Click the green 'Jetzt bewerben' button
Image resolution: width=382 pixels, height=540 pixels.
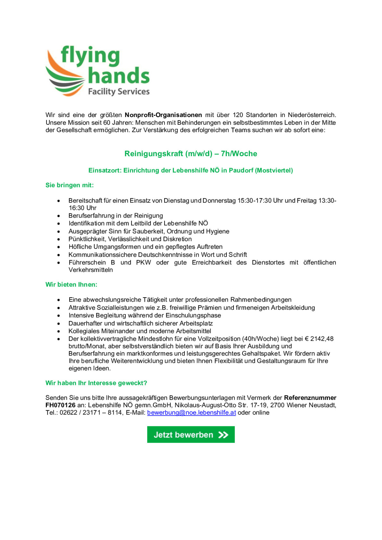click(x=191, y=434)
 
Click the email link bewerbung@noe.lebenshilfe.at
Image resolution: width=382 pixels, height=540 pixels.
click(x=191, y=412)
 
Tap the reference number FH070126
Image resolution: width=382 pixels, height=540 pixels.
click(x=60, y=405)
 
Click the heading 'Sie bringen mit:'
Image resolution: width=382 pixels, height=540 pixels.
click(x=70, y=185)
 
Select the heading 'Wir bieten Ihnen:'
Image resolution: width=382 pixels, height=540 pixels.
click(x=71, y=284)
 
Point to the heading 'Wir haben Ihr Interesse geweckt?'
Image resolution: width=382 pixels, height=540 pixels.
click(x=96, y=383)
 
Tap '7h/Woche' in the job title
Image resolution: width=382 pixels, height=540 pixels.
click(x=239, y=153)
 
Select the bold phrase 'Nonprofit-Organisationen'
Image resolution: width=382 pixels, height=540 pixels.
click(x=163, y=115)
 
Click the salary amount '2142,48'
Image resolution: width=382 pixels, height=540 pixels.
click(x=322, y=339)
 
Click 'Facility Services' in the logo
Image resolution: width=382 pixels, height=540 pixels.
click(x=119, y=91)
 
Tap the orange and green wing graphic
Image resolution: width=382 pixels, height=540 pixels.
click(x=64, y=75)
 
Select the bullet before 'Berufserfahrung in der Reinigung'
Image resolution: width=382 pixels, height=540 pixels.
click(x=59, y=216)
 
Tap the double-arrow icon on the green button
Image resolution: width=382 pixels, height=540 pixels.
click(x=223, y=435)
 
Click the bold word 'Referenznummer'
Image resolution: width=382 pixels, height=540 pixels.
click(x=310, y=398)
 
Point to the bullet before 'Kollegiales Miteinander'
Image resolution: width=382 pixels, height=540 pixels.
click(x=59, y=331)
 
